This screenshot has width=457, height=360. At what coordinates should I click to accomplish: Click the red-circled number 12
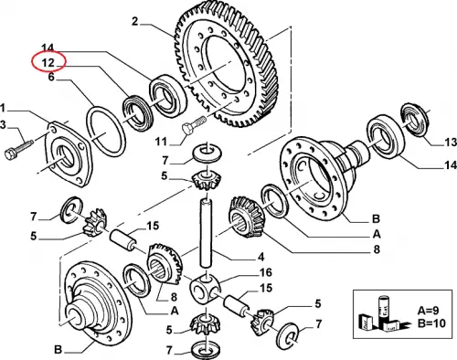pos(48,63)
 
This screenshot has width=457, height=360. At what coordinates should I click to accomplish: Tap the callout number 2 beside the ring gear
pos(135,22)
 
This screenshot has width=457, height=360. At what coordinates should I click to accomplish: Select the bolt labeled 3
pos(19,148)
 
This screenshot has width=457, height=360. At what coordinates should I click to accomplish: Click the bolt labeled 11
pos(193,124)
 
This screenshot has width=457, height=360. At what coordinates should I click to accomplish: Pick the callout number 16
pos(265,272)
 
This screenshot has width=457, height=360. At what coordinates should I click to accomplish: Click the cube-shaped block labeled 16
pos(205,289)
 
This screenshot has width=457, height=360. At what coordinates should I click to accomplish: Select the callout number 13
pos(451,142)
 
